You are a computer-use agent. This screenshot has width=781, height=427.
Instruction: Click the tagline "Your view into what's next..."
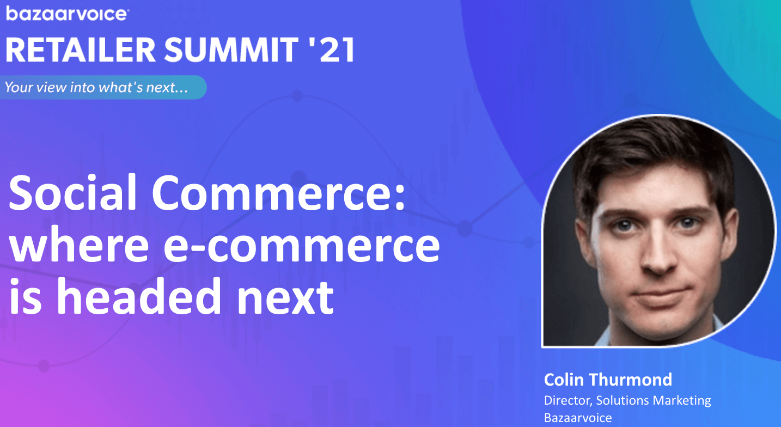[96, 87]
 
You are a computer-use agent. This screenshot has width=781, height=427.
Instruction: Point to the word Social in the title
[72, 193]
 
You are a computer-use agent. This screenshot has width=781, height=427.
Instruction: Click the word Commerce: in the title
[279, 193]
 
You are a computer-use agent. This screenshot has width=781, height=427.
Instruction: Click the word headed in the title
[139, 296]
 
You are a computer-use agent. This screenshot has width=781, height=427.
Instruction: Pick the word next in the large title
[285, 298]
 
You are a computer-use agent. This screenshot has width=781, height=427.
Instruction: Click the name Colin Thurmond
[608, 380]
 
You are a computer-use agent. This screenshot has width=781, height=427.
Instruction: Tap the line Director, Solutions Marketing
[627, 400]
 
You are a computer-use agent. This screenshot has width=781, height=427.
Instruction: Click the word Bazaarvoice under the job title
[578, 418]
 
